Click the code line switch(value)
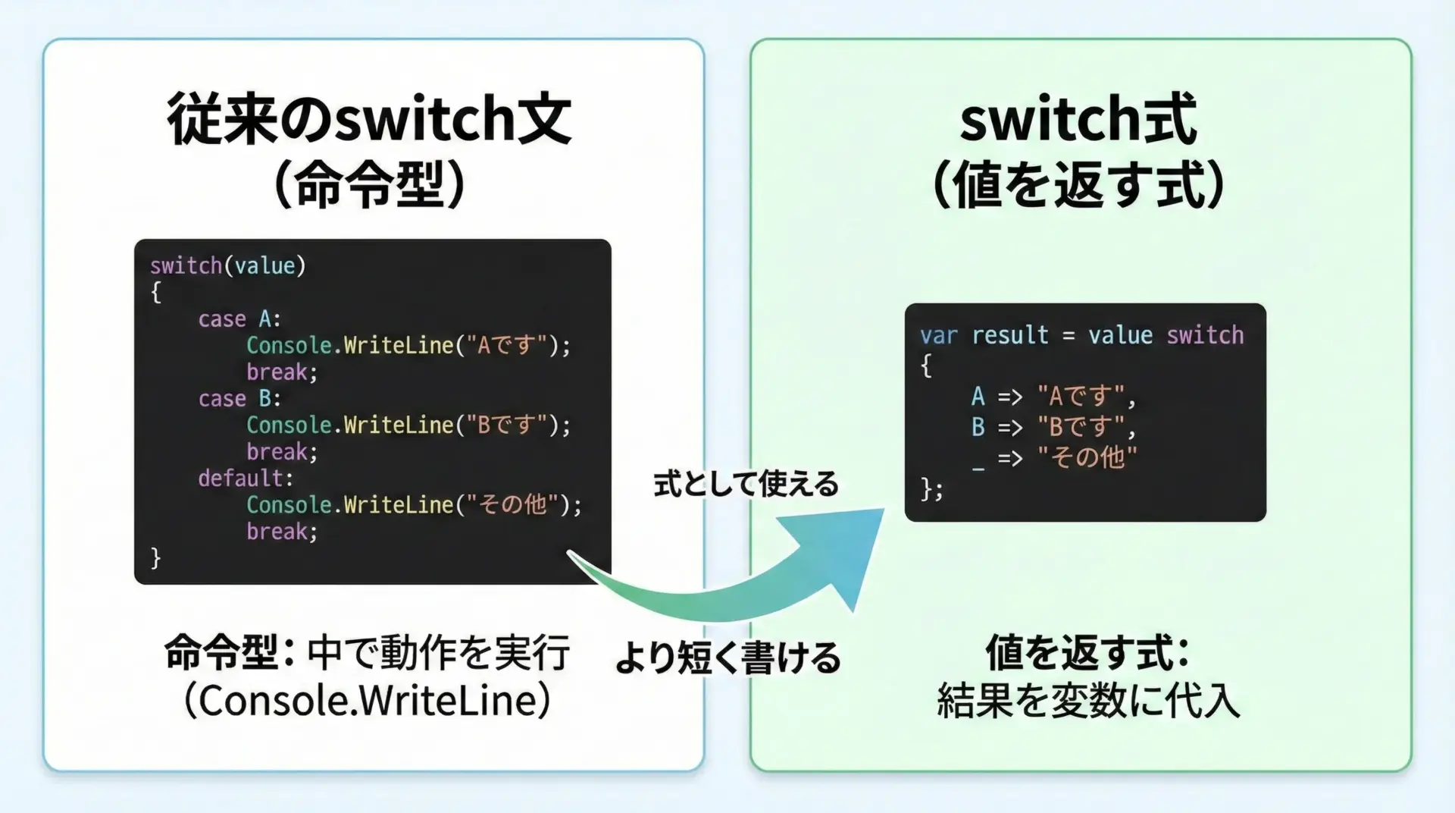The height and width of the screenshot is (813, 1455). [227, 265]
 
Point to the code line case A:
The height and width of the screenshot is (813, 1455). [239, 319]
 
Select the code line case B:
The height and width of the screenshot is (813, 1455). [239, 399]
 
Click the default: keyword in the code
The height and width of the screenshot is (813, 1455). [246, 479]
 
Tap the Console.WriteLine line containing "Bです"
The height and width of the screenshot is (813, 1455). [408, 425]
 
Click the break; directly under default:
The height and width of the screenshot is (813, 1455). [282, 532]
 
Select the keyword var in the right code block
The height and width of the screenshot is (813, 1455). [939, 335]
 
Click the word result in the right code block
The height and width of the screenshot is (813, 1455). [1010, 335]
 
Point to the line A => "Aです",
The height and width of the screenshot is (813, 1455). [1054, 397]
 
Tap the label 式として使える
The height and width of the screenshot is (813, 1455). [746, 484]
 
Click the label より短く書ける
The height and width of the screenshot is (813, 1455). [727, 657]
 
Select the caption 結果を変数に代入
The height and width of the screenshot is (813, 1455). [1088, 700]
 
